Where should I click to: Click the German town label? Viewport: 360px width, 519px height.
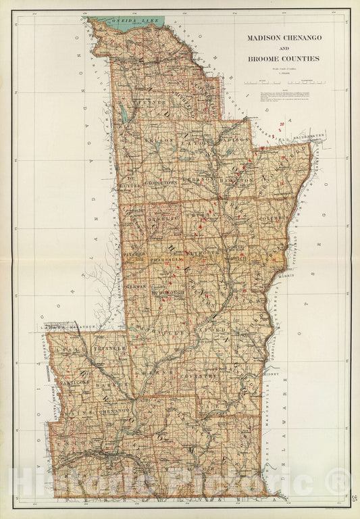pos(136,287)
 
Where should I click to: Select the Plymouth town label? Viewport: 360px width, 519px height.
pos(201,251)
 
